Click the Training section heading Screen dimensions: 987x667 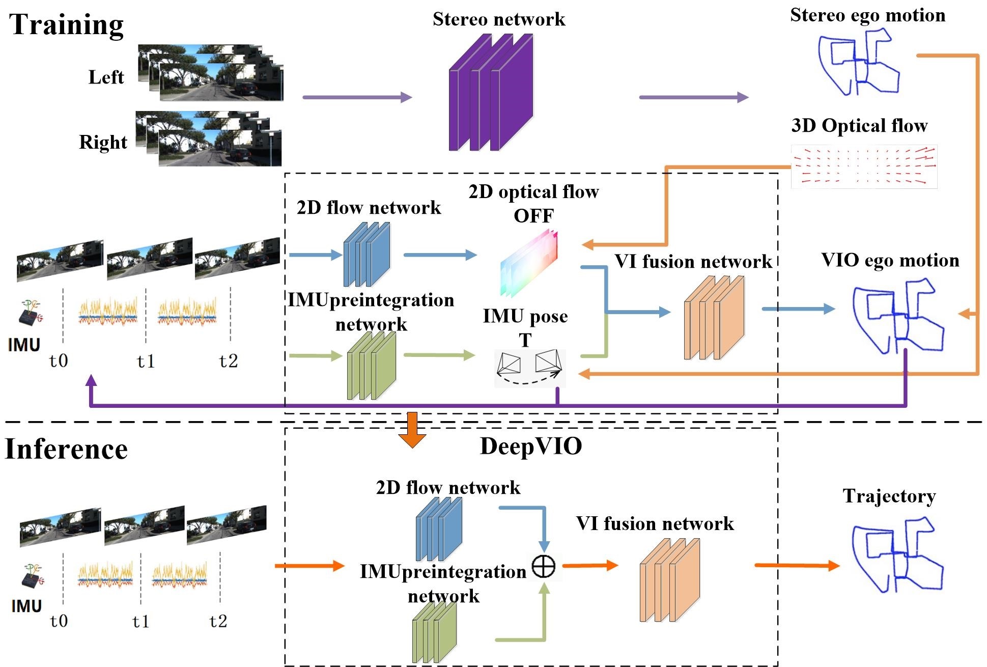67,25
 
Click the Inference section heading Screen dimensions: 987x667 66,449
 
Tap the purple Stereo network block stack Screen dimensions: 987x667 491,92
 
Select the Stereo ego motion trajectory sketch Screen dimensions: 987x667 859,62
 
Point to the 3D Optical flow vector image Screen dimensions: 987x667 864,167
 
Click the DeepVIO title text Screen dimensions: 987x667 531,447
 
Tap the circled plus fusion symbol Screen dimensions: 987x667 544,566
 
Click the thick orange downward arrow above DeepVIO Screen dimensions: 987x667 412,430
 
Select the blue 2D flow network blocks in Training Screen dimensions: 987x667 366,255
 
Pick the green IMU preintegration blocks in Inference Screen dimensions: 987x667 434,631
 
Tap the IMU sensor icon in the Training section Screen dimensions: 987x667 30,313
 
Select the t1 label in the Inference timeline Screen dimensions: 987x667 141,621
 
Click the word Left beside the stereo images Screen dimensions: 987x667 106,77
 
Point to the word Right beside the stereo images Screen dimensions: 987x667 103,143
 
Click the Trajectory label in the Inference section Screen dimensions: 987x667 889,496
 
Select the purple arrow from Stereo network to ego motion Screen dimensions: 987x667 694,97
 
